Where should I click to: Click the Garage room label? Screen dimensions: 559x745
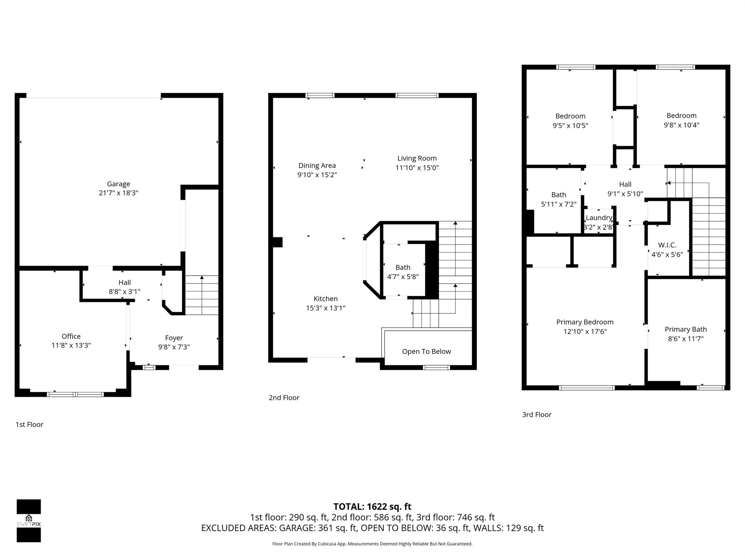click(x=118, y=184)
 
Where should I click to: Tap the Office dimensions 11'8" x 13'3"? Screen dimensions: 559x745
click(x=71, y=345)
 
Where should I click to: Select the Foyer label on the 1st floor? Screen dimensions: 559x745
click(x=174, y=338)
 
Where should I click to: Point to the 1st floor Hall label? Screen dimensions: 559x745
click(x=124, y=282)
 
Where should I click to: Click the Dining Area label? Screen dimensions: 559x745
click(x=317, y=166)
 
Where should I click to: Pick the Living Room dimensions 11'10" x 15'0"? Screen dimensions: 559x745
click(x=417, y=168)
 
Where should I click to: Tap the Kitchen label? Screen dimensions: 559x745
click(x=326, y=299)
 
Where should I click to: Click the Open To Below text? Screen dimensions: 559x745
click(x=426, y=352)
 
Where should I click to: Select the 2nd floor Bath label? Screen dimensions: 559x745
click(x=403, y=267)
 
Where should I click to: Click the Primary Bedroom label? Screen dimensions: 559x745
click(x=585, y=322)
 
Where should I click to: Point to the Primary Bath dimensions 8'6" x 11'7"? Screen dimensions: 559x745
click(x=685, y=339)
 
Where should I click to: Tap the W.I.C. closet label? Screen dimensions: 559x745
click(x=667, y=245)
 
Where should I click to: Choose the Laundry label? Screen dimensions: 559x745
click(x=599, y=218)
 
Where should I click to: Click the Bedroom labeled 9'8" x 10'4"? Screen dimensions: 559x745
click(x=681, y=116)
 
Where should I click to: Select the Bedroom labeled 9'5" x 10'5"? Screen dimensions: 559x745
click(x=570, y=116)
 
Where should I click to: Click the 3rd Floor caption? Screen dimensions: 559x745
click(x=537, y=415)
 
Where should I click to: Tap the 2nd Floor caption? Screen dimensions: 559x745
click(x=284, y=398)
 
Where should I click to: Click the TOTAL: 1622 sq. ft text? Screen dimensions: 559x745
click(x=372, y=507)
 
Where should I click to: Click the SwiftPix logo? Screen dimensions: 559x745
click(x=29, y=520)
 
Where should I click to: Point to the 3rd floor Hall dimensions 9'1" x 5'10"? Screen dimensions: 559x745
click(x=625, y=194)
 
